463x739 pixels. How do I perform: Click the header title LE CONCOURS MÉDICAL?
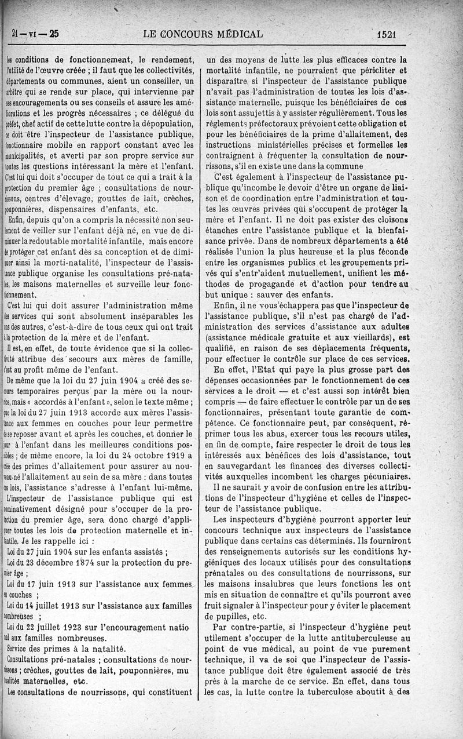tap(202, 34)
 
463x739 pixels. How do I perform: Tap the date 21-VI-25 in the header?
tap(35, 34)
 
